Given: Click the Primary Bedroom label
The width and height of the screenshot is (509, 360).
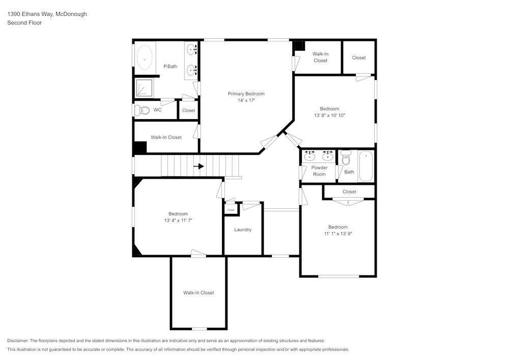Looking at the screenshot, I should [246, 94].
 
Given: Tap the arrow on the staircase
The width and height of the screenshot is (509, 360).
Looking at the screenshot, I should [199, 166].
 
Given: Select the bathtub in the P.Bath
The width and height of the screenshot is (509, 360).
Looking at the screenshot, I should [145, 60].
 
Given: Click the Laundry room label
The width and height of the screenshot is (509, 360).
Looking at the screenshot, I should [243, 230].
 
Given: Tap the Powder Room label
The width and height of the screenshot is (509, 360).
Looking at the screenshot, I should [319, 171].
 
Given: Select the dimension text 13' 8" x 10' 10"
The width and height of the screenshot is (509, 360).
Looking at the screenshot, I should [329, 116].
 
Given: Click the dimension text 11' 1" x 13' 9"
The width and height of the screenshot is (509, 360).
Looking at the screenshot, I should [338, 234].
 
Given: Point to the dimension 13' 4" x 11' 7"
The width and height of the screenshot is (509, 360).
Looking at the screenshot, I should [178, 220].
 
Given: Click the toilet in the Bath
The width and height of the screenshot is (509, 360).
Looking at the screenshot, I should [346, 158].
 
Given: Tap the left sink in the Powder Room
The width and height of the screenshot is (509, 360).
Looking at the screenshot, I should [309, 156].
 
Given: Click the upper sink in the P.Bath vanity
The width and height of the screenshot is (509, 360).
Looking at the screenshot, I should [192, 50].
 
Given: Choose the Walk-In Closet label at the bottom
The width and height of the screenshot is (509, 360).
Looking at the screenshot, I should [199, 293].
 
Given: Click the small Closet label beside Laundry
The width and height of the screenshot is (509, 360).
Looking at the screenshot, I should [231, 210].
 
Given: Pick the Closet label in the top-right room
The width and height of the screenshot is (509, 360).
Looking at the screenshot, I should [359, 58].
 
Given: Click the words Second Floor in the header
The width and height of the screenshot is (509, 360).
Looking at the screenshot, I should [24, 23].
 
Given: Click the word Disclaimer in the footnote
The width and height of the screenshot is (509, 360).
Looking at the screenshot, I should [18, 341].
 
